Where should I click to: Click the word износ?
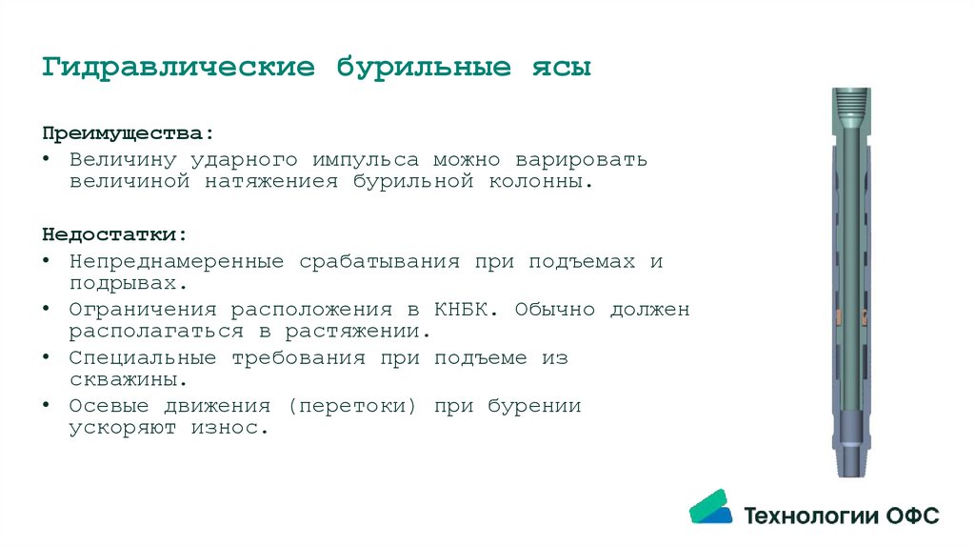pos(231,428)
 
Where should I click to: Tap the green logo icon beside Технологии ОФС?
pos(710,507)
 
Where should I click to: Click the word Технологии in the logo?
pos(810,516)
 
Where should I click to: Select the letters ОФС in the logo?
pos(912,516)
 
